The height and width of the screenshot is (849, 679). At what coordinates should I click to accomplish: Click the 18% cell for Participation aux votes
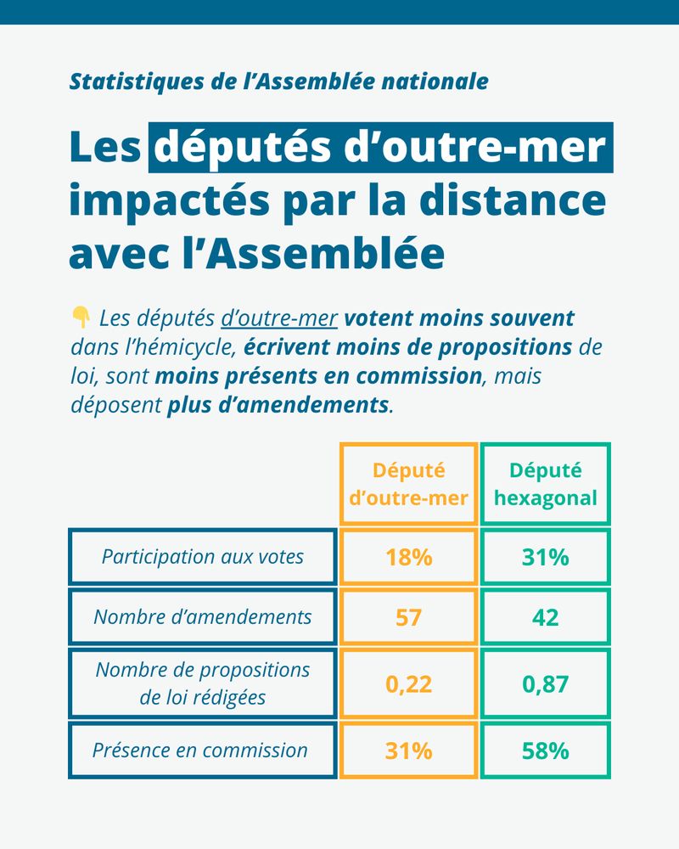(408, 557)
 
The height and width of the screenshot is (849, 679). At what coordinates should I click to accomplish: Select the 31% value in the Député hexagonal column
(545, 557)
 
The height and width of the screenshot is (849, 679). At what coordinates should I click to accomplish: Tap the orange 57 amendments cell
(408, 617)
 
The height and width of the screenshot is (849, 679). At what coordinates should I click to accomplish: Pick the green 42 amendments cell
(545, 617)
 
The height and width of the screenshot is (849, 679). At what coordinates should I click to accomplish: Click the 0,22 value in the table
(408, 683)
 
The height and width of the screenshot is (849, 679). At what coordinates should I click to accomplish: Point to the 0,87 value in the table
(545, 683)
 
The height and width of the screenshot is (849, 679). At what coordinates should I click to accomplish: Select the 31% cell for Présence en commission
(408, 751)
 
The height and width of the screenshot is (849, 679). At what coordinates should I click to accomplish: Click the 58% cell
(545, 751)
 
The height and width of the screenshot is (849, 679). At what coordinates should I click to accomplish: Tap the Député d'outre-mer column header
(408, 484)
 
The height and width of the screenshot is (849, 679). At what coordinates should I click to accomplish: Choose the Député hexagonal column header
(545, 484)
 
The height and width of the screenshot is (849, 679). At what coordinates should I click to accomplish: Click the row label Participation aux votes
(202, 557)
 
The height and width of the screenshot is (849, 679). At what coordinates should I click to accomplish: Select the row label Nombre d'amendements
(202, 617)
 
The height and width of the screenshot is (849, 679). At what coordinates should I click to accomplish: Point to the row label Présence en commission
(199, 751)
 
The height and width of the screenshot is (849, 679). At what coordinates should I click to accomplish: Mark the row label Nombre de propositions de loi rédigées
(202, 683)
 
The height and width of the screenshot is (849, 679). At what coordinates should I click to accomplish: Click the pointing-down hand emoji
(81, 318)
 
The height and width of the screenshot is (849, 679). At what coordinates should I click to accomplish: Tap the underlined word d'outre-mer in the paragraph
(279, 319)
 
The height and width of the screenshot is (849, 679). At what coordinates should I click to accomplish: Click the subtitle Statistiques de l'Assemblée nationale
(278, 82)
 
